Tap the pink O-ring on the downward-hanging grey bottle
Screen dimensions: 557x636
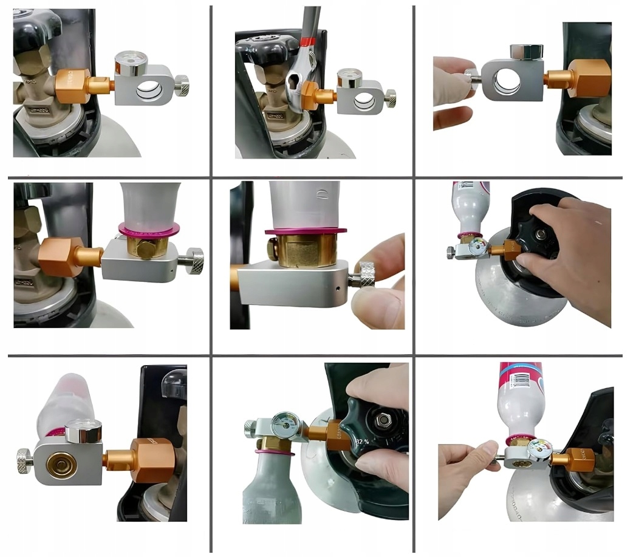coord(272,453)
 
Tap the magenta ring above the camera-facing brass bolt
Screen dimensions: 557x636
coord(149,228)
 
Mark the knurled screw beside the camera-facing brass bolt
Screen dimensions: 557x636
coord(194,259)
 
